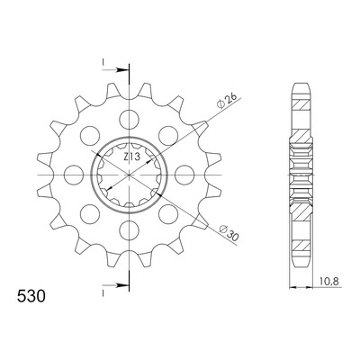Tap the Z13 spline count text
(131, 157)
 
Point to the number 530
(31, 296)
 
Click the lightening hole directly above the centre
(130, 120)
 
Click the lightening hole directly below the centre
(130, 230)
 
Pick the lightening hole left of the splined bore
(74, 175)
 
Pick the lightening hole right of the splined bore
(184, 175)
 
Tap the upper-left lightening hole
(90, 136)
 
